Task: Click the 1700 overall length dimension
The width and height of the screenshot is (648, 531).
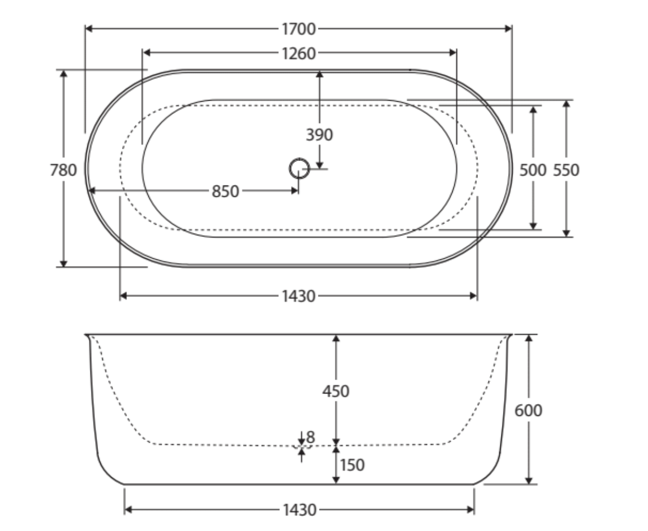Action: point(299,29)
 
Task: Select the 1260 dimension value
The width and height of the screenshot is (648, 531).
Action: point(299,53)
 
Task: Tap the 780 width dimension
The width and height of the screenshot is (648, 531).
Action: point(63,170)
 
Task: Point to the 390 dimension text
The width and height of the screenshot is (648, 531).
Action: point(320,135)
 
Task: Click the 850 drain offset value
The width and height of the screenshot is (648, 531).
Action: point(225,192)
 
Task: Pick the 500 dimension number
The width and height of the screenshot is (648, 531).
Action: point(533,170)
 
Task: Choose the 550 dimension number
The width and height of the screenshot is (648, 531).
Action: point(566,170)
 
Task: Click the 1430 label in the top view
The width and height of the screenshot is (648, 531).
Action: point(299,296)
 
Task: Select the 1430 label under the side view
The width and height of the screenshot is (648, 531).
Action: point(300,510)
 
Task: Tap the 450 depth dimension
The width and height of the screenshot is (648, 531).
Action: point(336,391)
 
